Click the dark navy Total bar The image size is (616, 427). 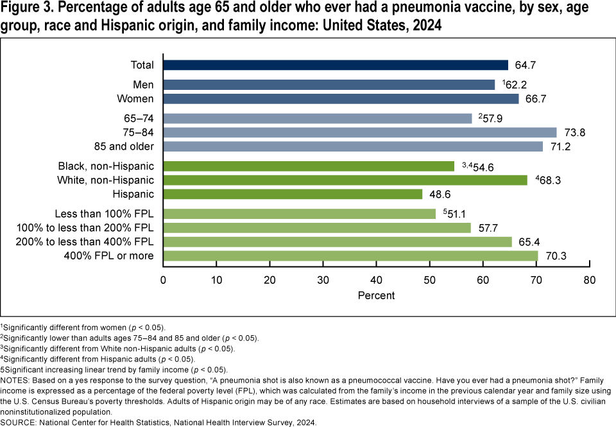click(x=336, y=65)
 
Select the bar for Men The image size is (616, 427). click(x=329, y=85)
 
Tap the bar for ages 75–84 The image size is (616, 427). click(x=359, y=132)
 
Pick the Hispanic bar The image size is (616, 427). click(x=293, y=194)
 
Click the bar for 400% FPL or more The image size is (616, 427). click(x=350, y=256)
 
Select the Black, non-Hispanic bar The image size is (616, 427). click(x=309, y=166)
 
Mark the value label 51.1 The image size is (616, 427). click(x=455, y=214)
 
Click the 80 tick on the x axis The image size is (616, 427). click(x=589, y=280)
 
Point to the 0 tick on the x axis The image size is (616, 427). click(x=164, y=280)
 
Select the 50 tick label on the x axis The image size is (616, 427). click(x=430, y=280)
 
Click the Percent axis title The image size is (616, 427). click(x=376, y=295)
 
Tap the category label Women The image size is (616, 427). click(x=135, y=99)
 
